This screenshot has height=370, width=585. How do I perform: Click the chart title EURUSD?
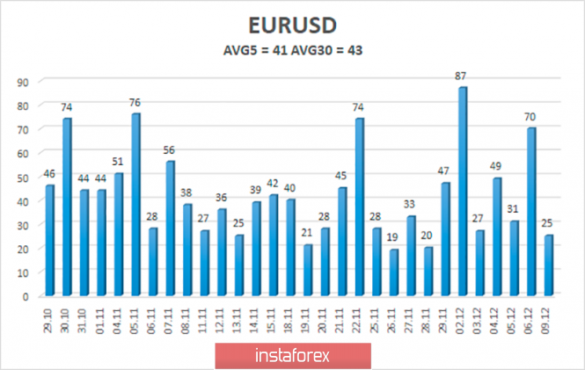292,24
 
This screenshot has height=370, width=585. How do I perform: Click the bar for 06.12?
530,211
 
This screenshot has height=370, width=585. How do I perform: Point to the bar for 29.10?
50,239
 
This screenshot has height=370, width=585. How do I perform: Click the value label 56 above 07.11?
170,150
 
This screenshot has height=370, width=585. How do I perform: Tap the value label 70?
530,117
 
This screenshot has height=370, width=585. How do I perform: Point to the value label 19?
393,238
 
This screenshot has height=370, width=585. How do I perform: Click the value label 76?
135,102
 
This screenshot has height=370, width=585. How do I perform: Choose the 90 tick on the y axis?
24,81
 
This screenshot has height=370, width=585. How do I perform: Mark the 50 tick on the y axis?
24,177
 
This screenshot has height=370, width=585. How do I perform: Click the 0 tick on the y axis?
26,296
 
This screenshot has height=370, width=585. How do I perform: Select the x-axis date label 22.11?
360,315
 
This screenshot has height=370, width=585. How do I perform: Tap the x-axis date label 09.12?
549,315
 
